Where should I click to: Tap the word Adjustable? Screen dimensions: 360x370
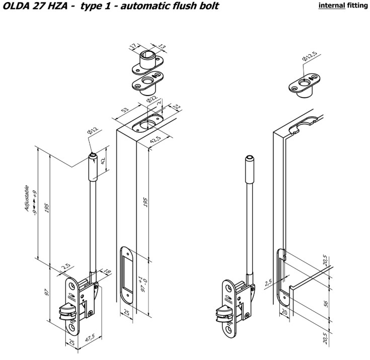27,198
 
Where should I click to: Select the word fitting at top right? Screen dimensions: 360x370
357,7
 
